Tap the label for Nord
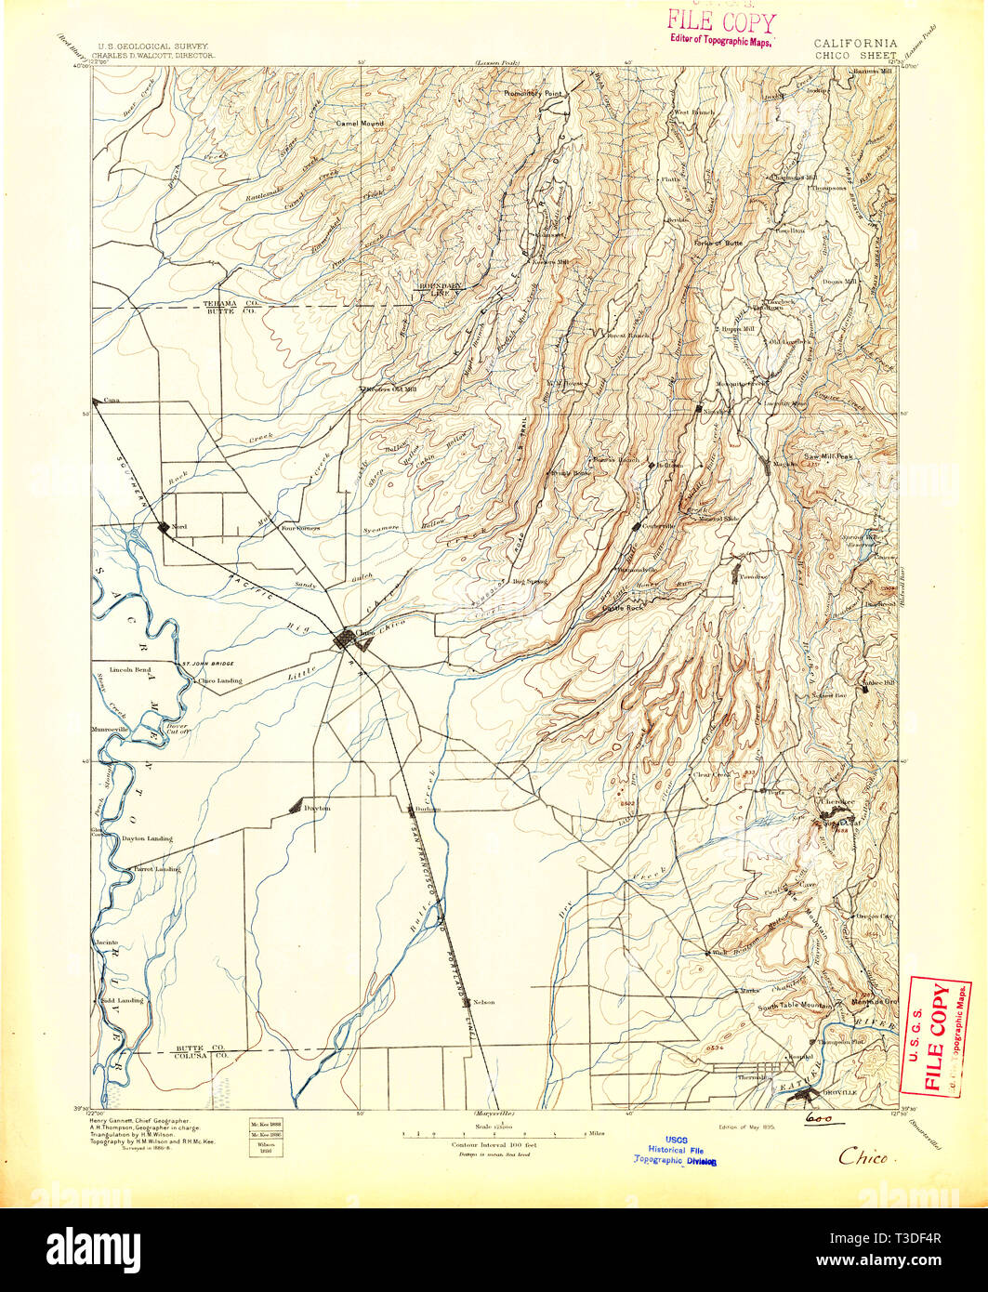[x=179, y=527]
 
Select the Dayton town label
[x=318, y=809]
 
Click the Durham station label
[x=428, y=809]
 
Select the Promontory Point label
[x=534, y=94]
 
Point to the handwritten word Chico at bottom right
[x=863, y=1157]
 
